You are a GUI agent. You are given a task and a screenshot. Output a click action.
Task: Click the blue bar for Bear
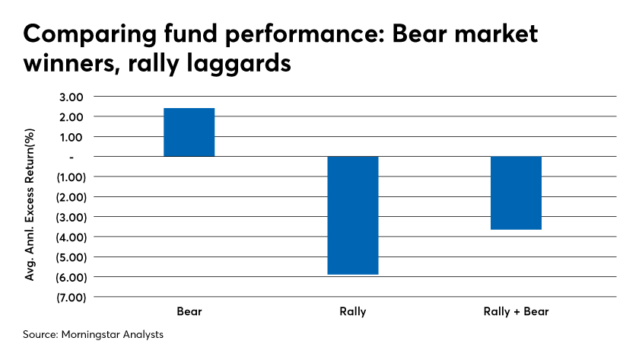click(x=189, y=132)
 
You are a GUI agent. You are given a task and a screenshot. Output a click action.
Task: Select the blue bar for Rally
click(x=353, y=215)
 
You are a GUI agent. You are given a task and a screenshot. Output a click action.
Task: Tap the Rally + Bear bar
click(x=516, y=193)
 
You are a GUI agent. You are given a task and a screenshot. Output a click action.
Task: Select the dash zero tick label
click(x=72, y=157)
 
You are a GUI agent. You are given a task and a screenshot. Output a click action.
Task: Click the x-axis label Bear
click(x=189, y=312)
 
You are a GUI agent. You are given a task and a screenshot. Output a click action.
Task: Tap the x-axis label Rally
click(x=353, y=312)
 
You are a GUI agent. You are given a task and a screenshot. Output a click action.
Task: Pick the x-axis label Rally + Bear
click(x=516, y=312)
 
